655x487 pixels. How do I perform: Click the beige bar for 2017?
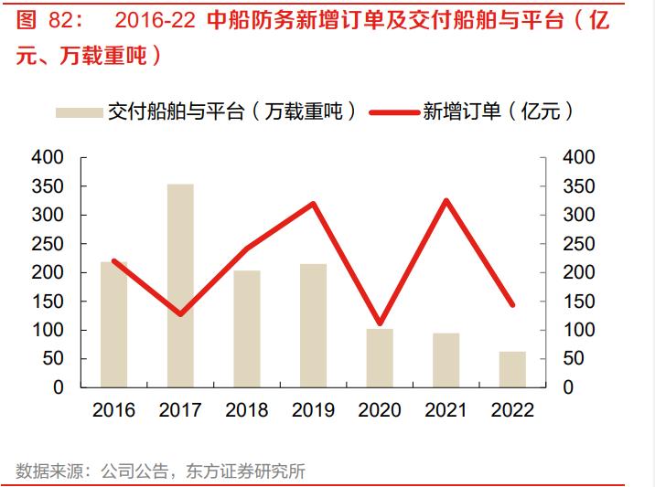click(180, 285)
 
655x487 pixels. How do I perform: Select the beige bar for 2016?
click(113, 324)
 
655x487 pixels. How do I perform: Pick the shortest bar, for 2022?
click(512, 369)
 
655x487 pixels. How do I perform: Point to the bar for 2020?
click(380, 357)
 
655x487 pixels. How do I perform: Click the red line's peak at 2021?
click(446, 200)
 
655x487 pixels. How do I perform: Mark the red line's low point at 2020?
click(380, 323)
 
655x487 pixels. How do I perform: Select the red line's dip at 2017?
click(180, 314)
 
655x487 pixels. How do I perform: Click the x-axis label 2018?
click(246, 410)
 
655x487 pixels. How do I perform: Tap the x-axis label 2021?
click(446, 410)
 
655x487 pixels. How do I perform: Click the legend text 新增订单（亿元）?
click(499, 111)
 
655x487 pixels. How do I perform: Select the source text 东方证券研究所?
click(245, 471)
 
